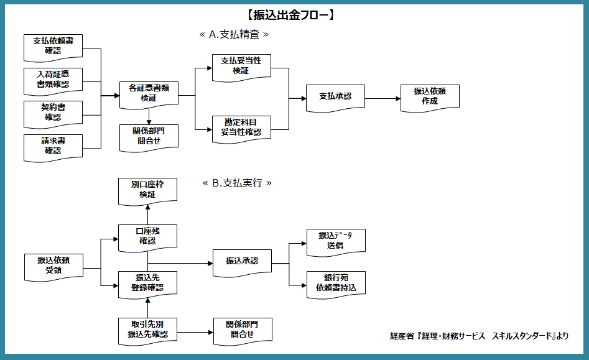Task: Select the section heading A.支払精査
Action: click(x=234, y=35)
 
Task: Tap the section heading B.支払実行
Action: click(x=238, y=183)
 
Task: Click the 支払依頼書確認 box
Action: click(x=53, y=45)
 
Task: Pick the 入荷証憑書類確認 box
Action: click(x=53, y=79)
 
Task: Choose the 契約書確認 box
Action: click(x=53, y=112)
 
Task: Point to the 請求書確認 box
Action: click(x=53, y=145)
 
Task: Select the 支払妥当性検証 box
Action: click(x=241, y=65)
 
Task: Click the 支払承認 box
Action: click(x=335, y=96)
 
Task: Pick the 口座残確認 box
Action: click(x=147, y=236)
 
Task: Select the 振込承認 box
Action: click(x=241, y=261)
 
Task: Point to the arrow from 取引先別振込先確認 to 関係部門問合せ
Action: click(x=194, y=333)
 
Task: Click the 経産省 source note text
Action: click(x=479, y=336)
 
